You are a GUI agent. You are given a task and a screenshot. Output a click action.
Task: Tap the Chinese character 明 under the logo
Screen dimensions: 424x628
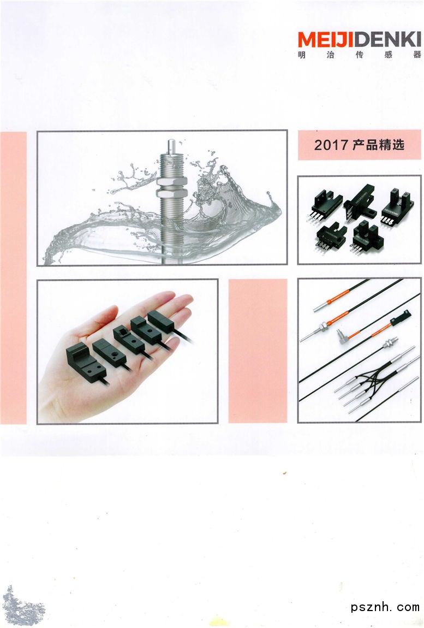[x=301, y=55]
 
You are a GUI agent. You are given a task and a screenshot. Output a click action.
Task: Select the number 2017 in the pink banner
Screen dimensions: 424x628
[x=331, y=145]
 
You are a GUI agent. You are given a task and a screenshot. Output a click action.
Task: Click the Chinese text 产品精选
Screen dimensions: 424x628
[x=379, y=145]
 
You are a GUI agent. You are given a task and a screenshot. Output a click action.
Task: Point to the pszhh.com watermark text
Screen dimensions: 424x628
[x=385, y=607]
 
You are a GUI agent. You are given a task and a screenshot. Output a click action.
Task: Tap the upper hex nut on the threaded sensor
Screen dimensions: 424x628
[x=171, y=181]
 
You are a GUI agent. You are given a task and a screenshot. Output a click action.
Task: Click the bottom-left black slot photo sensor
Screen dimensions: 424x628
[x=331, y=237]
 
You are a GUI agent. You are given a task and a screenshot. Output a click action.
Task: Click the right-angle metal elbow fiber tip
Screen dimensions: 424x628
[x=343, y=337]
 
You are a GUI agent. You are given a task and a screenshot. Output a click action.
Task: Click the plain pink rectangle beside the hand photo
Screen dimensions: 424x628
[x=258, y=351]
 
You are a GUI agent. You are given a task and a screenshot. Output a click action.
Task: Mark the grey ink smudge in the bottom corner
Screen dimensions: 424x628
[x=22, y=607]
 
